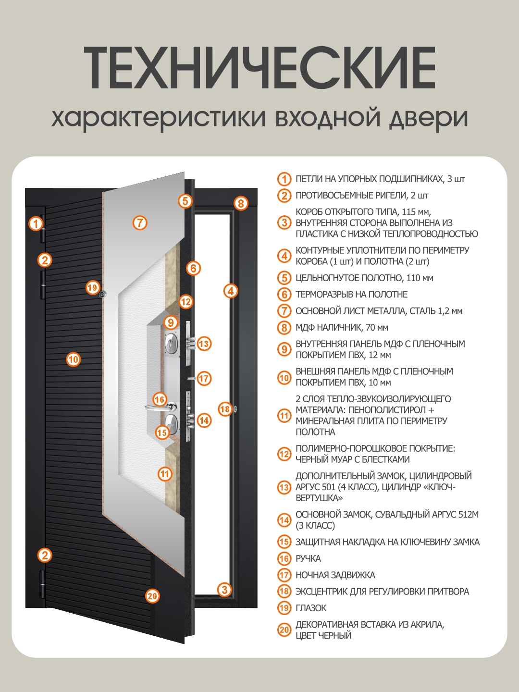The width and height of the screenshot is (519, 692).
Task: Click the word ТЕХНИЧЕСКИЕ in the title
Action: pyautogui.click(x=259, y=68)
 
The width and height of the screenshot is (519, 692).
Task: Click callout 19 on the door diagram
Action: pyautogui.click(x=92, y=287)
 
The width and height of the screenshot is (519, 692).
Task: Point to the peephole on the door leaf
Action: pyautogui.click(x=102, y=294)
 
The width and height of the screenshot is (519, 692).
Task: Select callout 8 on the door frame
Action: pyautogui.click(x=241, y=203)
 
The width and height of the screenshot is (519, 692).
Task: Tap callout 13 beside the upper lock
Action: pyautogui.click(x=204, y=344)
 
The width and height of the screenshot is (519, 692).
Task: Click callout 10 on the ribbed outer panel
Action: pyautogui.click(x=73, y=359)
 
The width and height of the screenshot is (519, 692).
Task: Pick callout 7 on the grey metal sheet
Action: pyautogui.click(x=139, y=222)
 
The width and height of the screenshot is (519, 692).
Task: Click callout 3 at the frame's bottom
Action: pyautogui.click(x=224, y=589)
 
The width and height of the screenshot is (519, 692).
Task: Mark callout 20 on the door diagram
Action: pyautogui.click(x=152, y=596)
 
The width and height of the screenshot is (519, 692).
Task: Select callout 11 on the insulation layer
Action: pyautogui.click(x=165, y=474)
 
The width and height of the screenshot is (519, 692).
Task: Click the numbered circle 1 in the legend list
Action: pyautogui.click(x=284, y=179)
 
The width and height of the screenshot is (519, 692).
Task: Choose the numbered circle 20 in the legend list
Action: pyautogui.click(x=284, y=630)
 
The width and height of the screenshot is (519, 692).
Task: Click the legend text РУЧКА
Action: pyautogui.click(x=308, y=558)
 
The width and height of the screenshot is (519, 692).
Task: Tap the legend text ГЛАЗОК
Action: pyautogui.click(x=311, y=608)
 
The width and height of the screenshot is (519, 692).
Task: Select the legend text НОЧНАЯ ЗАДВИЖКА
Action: pyautogui.click(x=335, y=575)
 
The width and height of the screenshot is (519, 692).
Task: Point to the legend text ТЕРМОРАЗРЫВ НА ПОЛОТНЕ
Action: pyautogui.click(x=351, y=294)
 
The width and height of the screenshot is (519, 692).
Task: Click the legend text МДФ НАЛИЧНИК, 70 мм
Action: pyautogui.click(x=342, y=327)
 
